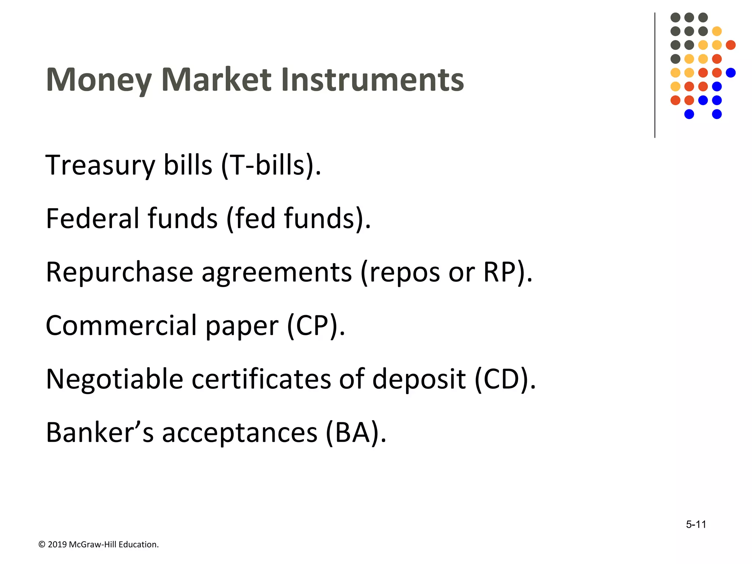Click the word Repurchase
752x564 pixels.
click(x=119, y=272)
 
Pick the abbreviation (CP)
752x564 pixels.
click(x=316, y=326)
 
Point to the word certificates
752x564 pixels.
click(x=261, y=379)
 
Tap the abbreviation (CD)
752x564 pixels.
click(x=505, y=379)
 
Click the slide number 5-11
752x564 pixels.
click(x=696, y=524)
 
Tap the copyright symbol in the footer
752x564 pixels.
click(x=42, y=545)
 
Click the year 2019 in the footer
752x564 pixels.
click(x=57, y=545)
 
